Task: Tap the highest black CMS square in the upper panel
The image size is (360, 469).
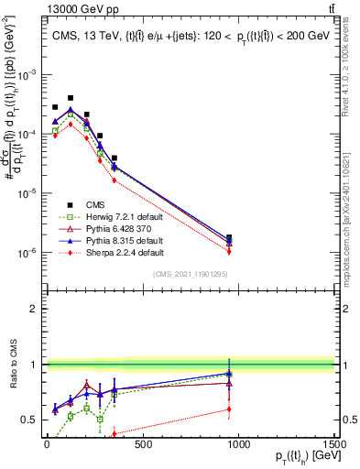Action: coord(71,97)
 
